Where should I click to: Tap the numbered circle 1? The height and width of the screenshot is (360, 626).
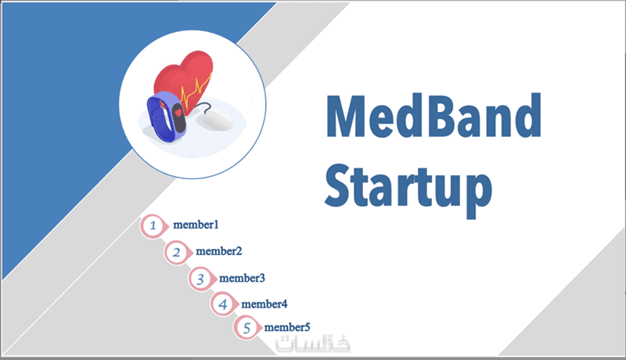153,226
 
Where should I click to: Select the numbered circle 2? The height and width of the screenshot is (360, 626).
177,252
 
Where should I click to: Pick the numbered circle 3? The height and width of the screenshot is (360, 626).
200,279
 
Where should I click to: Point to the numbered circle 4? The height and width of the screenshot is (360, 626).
223,304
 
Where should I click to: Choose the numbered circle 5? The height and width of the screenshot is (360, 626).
246,328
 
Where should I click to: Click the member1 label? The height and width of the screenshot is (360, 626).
196,225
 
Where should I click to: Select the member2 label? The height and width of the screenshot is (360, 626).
219,251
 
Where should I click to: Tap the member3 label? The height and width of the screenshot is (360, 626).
242,278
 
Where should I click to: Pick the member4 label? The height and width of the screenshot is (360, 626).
264,304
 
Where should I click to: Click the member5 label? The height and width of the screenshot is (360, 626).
287,327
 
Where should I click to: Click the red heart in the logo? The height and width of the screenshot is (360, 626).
185,77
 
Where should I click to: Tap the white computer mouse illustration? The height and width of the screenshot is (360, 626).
218,121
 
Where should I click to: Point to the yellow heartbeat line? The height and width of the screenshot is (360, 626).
196,91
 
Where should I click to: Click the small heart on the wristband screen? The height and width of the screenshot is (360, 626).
178,113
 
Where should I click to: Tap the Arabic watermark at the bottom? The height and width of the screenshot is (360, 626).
312,344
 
